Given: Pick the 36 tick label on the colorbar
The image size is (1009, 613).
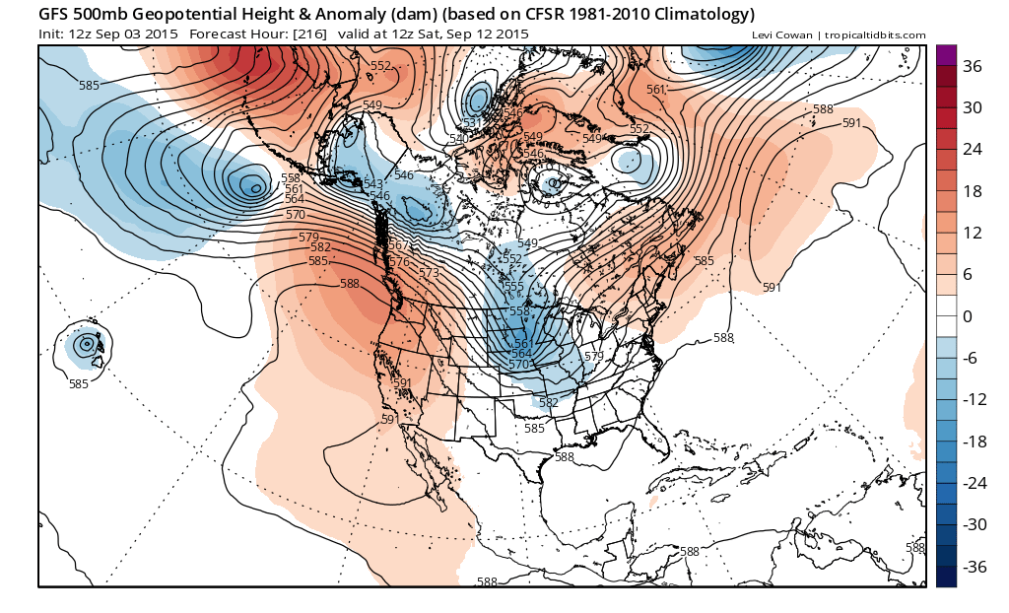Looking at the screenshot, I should click(x=972, y=66).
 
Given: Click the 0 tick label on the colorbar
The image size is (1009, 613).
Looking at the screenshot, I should click(x=968, y=316).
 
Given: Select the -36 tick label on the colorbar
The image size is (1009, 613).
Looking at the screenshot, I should click(x=975, y=567).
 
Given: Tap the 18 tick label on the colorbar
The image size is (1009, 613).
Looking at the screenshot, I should click(x=972, y=191).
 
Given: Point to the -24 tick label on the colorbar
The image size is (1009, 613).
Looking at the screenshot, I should click(x=975, y=483).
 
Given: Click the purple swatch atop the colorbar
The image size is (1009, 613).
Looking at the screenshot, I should click(x=946, y=55).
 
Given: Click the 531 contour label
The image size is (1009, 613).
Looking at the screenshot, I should click(x=473, y=123).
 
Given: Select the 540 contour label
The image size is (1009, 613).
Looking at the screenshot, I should click(x=459, y=139).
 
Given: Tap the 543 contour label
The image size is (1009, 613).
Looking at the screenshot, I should click(x=372, y=184).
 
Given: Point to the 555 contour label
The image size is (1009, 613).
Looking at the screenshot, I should click(x=514, y=287).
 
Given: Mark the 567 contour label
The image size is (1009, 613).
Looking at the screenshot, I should click(x=398, y=245).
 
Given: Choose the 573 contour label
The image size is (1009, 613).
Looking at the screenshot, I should click(x=429, y=273).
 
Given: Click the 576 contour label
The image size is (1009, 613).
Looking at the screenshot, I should click(x=399, y=262).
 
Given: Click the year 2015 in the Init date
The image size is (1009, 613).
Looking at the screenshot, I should click(x=164, y=34).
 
